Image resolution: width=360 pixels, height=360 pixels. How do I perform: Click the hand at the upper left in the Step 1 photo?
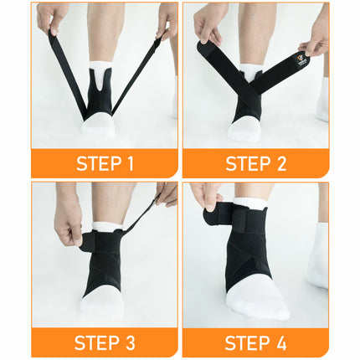[x=52, y=17]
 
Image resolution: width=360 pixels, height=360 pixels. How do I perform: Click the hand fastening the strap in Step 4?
[x=207, y=198]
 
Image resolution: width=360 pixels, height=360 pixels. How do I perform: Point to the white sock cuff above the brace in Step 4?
[x=251, y=204]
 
